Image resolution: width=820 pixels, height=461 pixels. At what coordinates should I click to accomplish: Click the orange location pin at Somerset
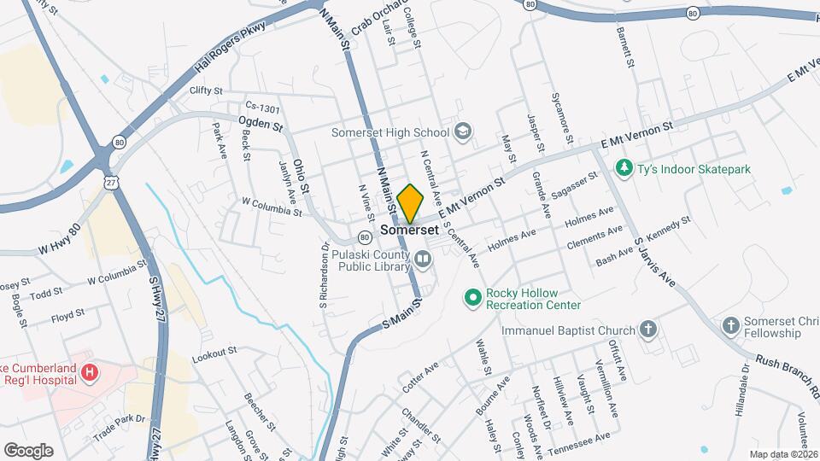point(410,203)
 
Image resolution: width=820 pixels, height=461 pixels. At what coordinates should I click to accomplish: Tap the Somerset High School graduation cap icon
point(463,131)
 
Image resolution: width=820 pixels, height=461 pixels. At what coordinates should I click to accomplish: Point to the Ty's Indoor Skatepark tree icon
point(625,168)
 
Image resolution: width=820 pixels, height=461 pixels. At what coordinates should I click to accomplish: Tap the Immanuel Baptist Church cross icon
point(648,330)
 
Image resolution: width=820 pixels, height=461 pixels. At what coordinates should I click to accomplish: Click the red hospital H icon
point(90,371)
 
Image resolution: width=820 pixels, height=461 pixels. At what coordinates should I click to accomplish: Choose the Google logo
point(28,450)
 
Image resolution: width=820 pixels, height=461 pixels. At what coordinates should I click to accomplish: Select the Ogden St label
point(260,125)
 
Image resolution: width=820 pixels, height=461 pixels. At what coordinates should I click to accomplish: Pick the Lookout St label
point(214,353)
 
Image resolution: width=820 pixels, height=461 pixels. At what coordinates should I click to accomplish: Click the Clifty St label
point(206,90)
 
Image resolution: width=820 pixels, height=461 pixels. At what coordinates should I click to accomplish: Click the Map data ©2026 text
point(782,454)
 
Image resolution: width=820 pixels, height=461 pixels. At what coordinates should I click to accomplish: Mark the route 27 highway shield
point(110,183)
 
